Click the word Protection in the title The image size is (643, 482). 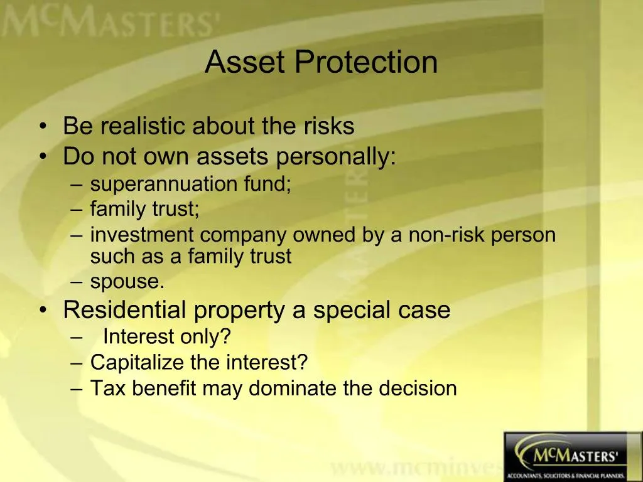pos(366,62)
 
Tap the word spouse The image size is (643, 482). pos(127,282)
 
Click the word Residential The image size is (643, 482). pos(125,310)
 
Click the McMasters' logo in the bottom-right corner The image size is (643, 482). pos(573,456)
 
